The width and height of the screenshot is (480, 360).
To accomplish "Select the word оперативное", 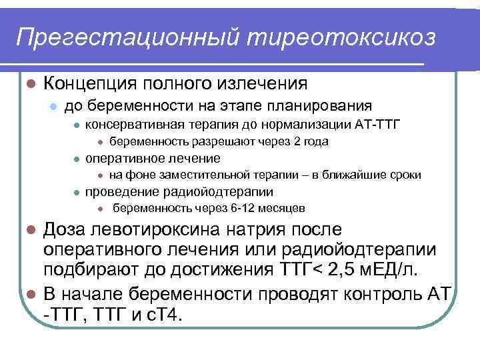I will [x=120, y=158].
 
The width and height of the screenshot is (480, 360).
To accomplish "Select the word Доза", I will [x=66, y=230].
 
